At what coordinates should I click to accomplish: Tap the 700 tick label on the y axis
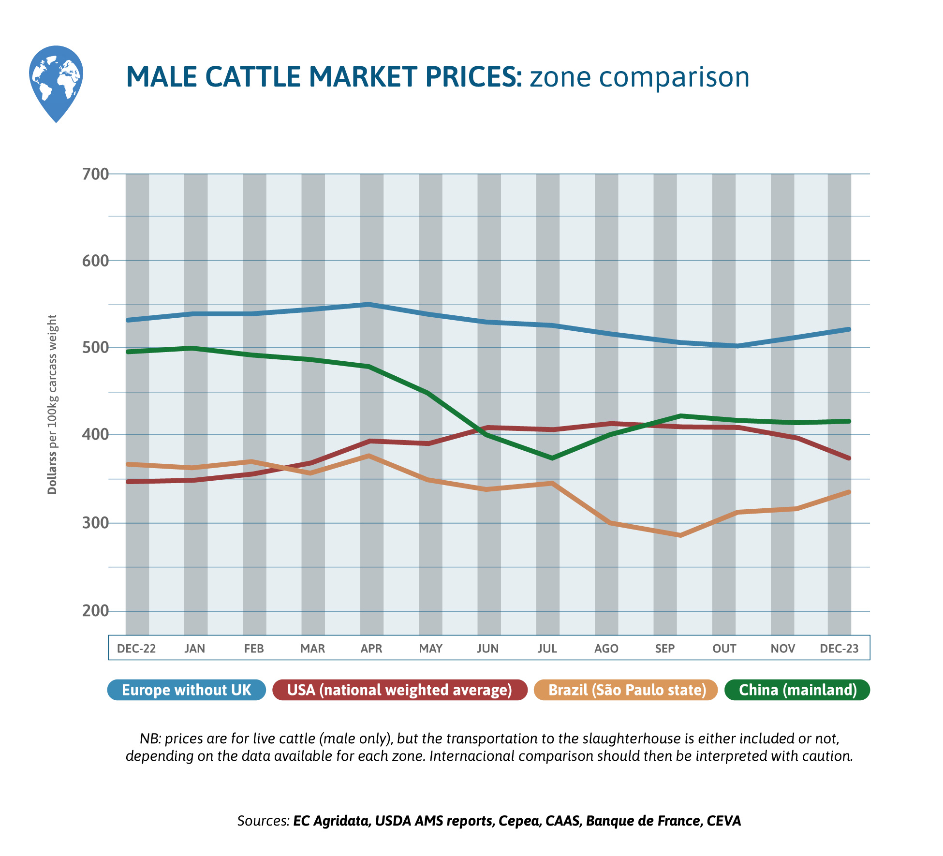point(95,174)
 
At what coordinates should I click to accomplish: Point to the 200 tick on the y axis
point(95,611)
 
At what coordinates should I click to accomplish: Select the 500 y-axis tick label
point(95,348)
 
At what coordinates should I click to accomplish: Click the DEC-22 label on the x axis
point(136,649)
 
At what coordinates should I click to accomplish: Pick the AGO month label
point(606,649)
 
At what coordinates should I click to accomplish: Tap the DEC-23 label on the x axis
point(839,649)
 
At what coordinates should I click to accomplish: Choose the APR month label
point(371,649)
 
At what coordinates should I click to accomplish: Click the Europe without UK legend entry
point(187,690)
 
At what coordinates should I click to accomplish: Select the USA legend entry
point(399,690)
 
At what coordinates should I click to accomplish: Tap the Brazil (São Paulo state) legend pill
point(627,690)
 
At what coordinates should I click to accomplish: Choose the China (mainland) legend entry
point(797,690)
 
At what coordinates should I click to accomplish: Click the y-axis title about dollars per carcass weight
point(52,404)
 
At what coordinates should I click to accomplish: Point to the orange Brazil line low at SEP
point(679,535)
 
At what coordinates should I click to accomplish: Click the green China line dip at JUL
point(552,458)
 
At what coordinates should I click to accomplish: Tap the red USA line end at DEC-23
point(849,458)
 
